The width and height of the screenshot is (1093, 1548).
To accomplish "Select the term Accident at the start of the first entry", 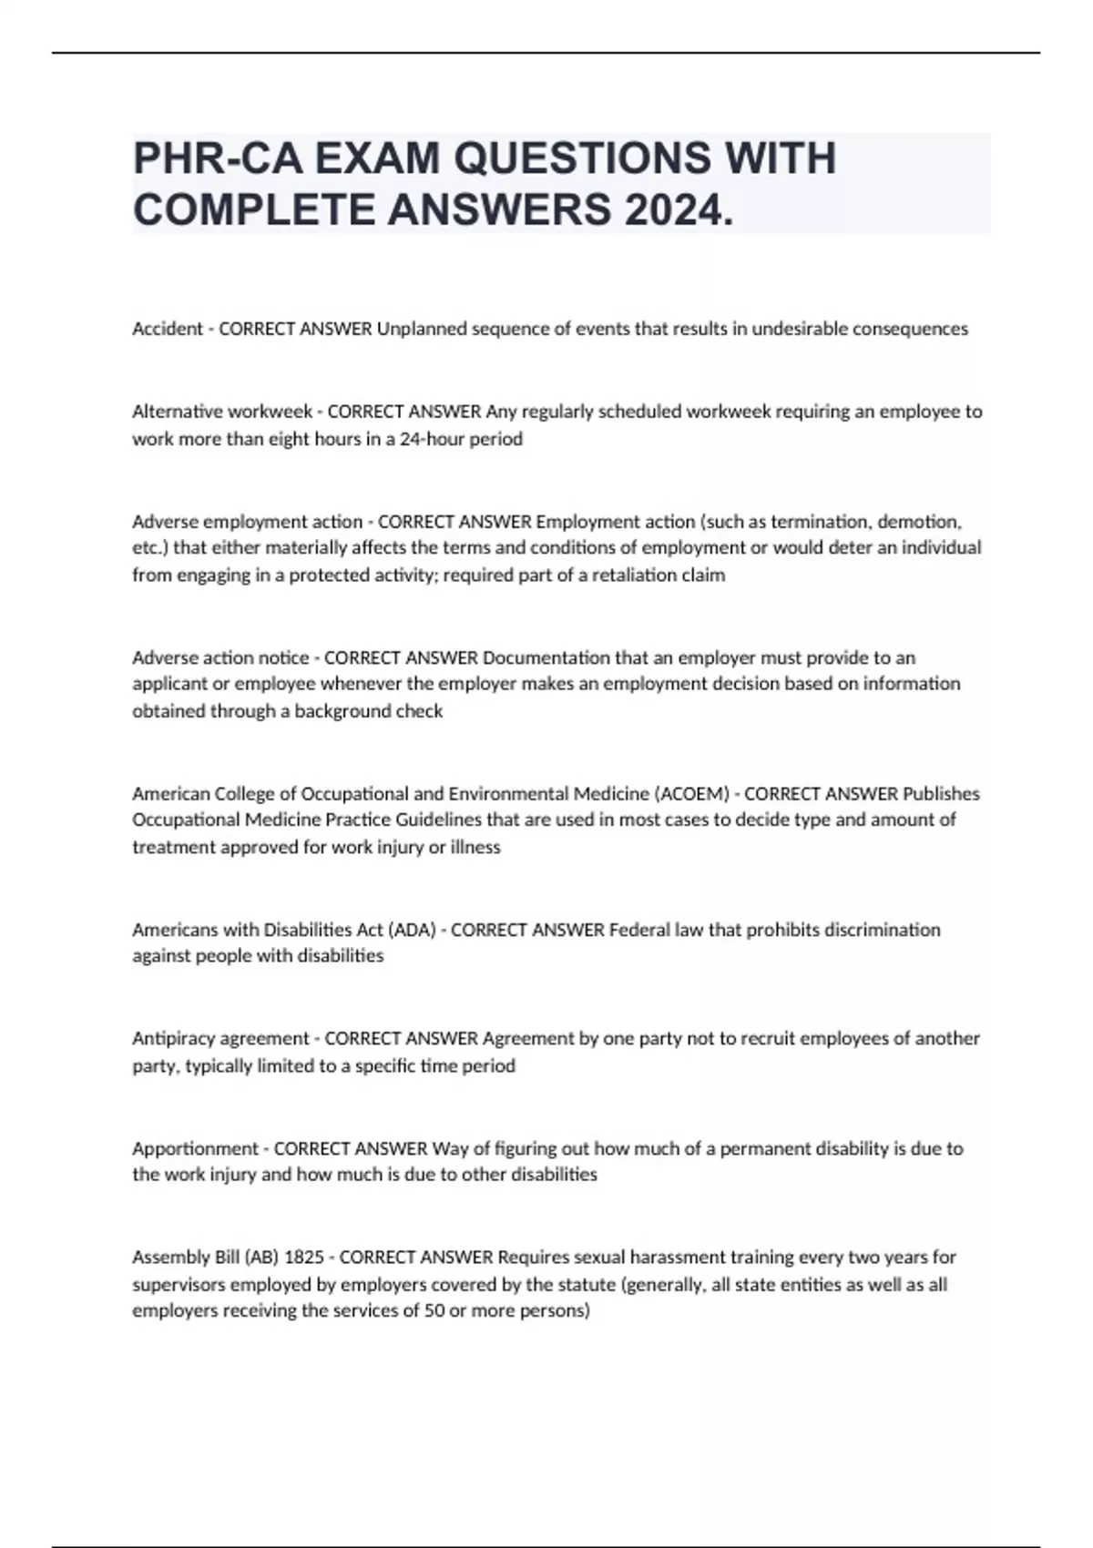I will pyautogui.click(x=168, y=329).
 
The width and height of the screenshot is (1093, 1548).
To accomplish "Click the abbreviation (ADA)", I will pyautogui.click(x=412, y=930).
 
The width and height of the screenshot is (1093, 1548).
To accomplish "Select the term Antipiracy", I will pyautogui.click(x=173, y=1038).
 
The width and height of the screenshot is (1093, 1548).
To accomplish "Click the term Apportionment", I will pyautogui.click(x=195, y=1148).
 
